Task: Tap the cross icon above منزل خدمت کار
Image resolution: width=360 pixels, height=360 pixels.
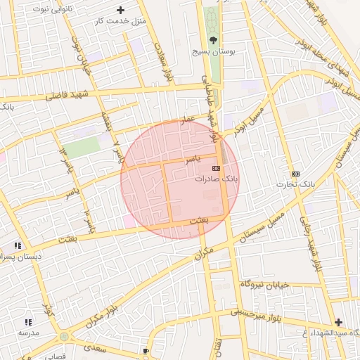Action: [x=120, y=10]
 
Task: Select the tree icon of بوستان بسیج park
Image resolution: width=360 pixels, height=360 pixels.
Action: [x=212, y=40]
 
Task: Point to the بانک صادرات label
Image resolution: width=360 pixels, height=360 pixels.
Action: [x=217, y=180]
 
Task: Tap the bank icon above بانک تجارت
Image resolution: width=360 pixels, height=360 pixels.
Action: [x=295, y=174]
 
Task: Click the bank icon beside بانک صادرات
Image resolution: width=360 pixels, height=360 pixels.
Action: [x=216, y=168]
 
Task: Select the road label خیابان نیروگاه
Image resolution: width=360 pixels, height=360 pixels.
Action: [x=266, y=283]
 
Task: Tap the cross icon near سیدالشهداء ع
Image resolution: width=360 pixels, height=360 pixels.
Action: [x=338, y=321]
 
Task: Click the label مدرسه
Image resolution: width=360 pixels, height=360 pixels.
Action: [x=29, y=332]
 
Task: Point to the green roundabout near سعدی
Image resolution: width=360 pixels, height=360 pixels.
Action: [x=64, y=337]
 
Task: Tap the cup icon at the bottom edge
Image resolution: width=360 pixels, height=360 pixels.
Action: [x=146, y=350]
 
